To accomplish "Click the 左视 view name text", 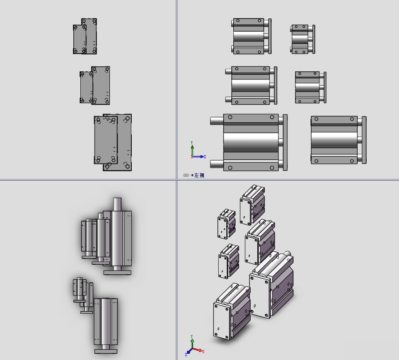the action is (x=199, y=175).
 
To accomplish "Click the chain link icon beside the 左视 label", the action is (x=186, y=175).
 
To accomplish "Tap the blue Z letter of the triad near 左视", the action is (x=205, y=157).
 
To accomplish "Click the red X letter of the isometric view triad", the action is (x=203, y=352).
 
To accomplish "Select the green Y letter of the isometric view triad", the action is (x=192, y=336).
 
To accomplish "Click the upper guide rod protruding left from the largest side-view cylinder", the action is (x=217, y=120).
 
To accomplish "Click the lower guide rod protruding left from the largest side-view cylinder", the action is (x=217, y=164).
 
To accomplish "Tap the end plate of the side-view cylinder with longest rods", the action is (x=285, y=142).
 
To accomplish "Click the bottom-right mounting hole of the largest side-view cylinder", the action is (x=272, y=168).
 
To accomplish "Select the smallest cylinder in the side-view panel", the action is (x=303, y=39).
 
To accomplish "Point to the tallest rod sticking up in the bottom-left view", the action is (x=117, y=205).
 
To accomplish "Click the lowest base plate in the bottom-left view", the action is (x=106, y=352).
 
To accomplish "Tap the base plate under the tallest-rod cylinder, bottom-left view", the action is (x=117, y=272).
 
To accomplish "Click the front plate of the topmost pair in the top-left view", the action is (x=80, y=39).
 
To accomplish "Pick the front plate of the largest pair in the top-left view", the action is (x=106, y=140).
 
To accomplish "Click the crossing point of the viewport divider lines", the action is (x=177, y=180).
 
